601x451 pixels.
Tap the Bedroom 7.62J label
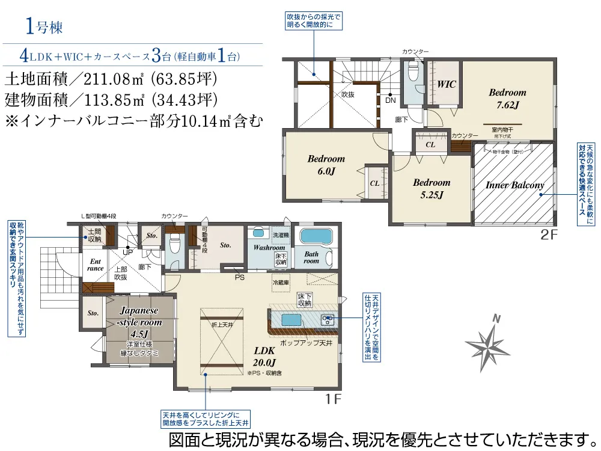[x=507, y=99]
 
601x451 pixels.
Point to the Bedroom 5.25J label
[x=431, y=188]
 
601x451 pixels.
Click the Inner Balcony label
[x=514, y=185]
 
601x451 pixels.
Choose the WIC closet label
[x=447, y=85]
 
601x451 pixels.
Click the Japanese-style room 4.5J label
[x=139, y=322]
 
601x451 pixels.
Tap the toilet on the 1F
[x=174, y=245]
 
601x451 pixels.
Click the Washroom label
[x=264, y=247]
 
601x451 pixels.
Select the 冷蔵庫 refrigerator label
[x=281, y=281]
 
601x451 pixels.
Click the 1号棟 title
[x=44, y=26]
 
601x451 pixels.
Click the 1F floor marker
[x=334, y=399]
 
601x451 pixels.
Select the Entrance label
[x=96, y=265]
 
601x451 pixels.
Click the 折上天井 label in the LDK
[x=222, y=324]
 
